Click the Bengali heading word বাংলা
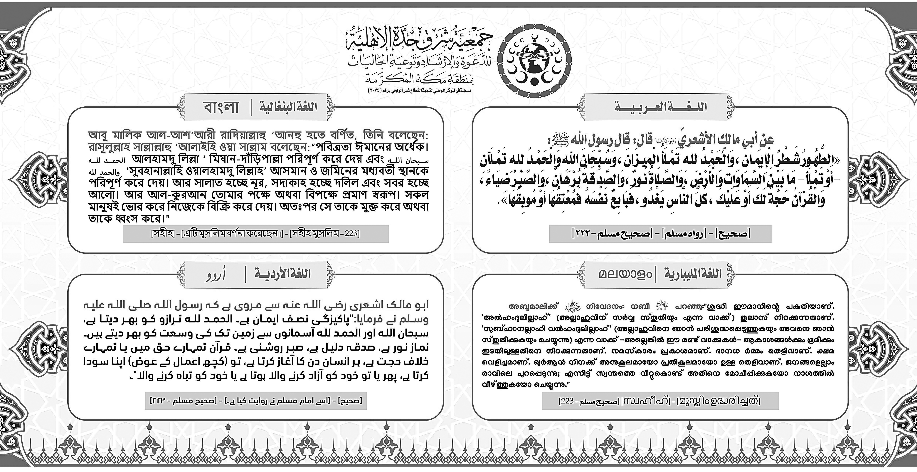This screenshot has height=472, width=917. [x=221, y=107]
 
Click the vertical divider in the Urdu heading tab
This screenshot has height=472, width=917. [x=245, y=274]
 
